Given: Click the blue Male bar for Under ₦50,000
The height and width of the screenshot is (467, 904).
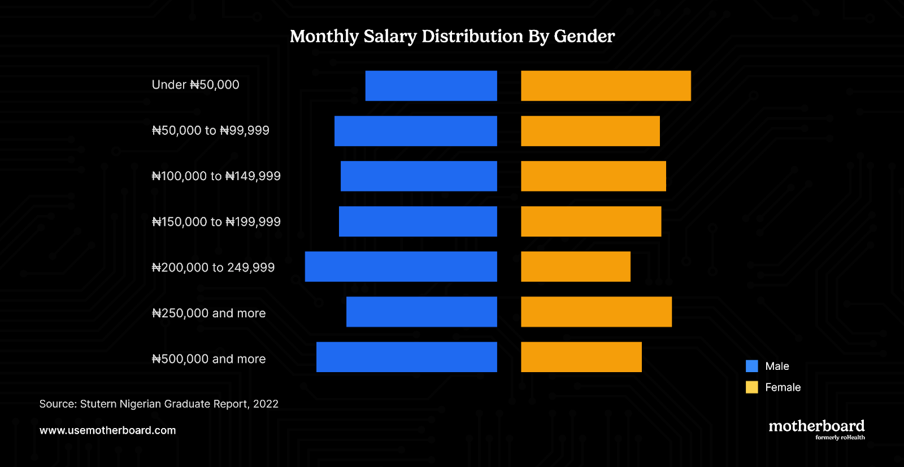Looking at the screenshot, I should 431,86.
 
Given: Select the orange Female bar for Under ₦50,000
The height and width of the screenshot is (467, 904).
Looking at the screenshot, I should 606,86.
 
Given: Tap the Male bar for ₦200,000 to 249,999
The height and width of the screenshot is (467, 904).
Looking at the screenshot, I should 401,267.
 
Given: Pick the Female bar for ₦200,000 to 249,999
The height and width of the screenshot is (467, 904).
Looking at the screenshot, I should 576,267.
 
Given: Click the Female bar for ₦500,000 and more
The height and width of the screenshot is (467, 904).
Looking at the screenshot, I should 581,357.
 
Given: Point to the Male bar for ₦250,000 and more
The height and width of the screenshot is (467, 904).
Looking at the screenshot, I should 421,312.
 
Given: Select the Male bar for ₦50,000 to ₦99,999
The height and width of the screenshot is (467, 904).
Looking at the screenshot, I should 416,131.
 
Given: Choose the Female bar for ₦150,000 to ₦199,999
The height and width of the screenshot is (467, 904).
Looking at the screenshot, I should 591,221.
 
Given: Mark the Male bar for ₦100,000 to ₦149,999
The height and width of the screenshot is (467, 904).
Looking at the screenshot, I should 419,176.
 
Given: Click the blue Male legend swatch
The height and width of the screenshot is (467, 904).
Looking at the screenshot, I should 751,366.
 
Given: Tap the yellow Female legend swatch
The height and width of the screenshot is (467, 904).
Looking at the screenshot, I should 751,387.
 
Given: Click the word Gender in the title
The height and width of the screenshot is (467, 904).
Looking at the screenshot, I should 584,36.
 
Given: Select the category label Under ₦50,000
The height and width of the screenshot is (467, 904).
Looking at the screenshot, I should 195,85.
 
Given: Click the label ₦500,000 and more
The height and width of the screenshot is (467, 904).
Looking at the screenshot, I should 208,359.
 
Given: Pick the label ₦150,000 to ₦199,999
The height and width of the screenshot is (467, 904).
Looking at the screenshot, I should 216,222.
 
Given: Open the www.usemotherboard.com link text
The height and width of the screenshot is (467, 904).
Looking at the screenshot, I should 108,430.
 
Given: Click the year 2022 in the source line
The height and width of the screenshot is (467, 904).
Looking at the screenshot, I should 266,404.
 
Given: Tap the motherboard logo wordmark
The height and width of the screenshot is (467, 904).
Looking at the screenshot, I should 816,426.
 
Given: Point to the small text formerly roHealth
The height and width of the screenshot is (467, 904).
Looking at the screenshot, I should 840,438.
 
